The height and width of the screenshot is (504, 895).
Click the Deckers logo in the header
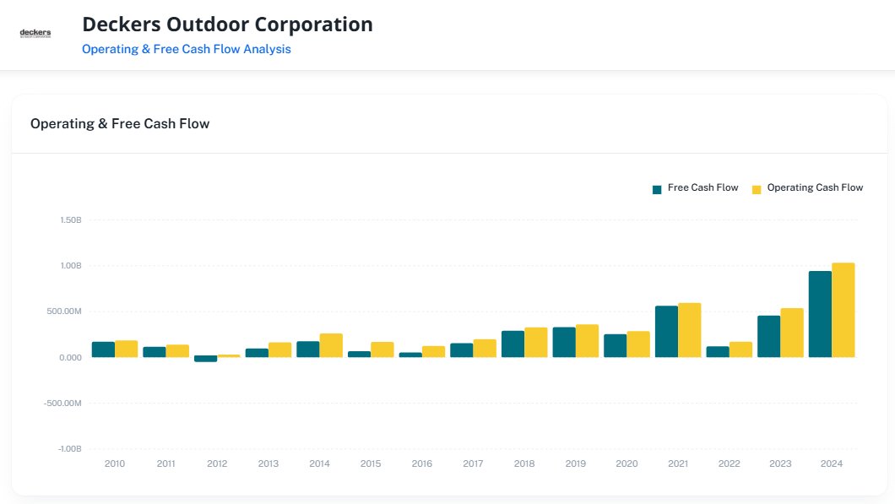pos(35,34)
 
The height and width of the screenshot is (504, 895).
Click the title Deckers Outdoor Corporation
pos(227,24)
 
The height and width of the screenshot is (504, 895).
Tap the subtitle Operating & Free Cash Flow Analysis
pos(186,49)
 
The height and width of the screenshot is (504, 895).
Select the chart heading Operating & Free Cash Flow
pos(120,123)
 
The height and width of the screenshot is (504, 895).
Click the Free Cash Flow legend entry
pos(695,188)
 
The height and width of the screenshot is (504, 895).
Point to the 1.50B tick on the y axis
pos(70,220)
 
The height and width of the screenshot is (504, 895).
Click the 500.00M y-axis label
pos(64,312)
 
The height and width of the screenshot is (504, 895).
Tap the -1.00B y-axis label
pos(69,448)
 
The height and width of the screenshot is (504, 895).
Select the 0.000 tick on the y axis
pos(70,357)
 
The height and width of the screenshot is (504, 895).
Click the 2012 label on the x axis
pos(217,463)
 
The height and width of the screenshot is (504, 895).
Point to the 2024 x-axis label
pos(832,463)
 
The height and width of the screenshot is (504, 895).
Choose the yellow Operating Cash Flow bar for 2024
pos(843,310)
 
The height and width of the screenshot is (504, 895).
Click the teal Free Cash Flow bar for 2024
pos(820,314)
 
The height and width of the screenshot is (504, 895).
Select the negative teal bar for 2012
pos(206,359)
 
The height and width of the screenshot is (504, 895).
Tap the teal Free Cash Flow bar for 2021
pos(666,332)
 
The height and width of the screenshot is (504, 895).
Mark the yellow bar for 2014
pos(331,345)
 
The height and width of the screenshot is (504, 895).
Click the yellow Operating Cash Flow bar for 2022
pos(740,350)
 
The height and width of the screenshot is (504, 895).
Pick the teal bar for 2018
pos(513,344)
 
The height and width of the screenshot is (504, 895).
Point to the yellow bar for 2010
pos(126,349)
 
